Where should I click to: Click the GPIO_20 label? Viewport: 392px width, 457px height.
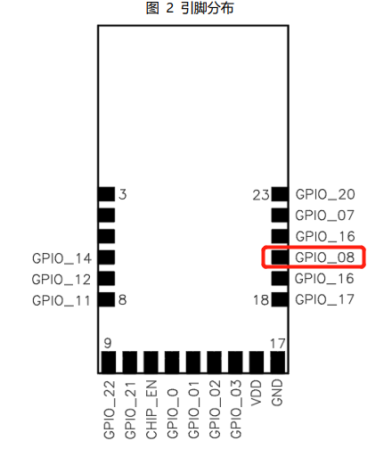click(x=325, y=194)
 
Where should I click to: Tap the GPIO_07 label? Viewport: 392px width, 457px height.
click(x=324, y=216)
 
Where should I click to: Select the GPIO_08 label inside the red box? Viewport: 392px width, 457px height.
click(x=324, y=257)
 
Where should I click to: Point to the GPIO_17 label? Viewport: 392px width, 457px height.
click(x=324, y=299)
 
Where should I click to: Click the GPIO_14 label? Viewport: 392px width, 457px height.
click(x=61, y=258)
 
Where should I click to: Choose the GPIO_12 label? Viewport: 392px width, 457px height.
click(x=61, y=280)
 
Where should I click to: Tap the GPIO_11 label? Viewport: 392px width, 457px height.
click(x=61, y=301)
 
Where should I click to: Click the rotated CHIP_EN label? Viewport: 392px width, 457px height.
click(x=151, y=410)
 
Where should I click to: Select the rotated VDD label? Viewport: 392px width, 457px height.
click(x=257, y=393)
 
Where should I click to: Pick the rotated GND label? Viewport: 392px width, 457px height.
click(x=277, y=393)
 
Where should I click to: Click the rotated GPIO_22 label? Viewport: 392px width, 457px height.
click(x=110, y=410)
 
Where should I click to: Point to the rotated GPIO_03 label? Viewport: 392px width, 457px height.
click(x=236, y=409)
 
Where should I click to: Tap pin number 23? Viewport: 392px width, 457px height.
click(x=261, y=195)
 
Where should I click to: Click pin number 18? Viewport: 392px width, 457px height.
click(x=261, y=300)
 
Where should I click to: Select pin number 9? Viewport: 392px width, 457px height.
click(x=108, y=343)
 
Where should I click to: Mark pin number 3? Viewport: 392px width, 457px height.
click(x=123, y=194)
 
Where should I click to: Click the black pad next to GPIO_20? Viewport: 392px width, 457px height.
click(x=280, y=194)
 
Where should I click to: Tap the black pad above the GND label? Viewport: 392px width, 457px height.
click(x=278, y=362)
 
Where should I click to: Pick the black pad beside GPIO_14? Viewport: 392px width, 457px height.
click(x=107, y=257)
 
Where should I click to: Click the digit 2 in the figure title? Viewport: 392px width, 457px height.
click(x=170, y=8)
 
